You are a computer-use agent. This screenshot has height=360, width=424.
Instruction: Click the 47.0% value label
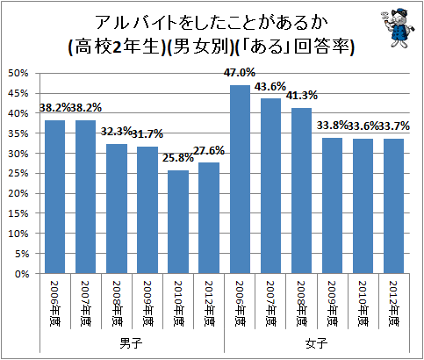click(240, 73)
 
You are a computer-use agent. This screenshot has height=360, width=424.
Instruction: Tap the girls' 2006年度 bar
click(240, 179)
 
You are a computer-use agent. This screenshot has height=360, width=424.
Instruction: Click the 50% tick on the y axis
click(19, 73)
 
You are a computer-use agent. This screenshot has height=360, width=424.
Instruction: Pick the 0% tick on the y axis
click(22, 273)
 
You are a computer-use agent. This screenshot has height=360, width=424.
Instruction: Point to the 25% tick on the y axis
click(19, 173)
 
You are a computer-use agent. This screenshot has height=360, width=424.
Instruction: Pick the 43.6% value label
click(271, 87)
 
